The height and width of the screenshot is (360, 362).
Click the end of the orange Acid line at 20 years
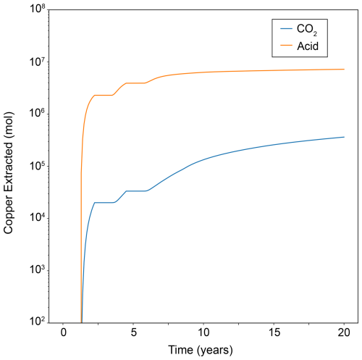[x=344, y=69]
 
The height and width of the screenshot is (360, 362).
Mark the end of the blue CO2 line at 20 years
[x=344, y=137]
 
